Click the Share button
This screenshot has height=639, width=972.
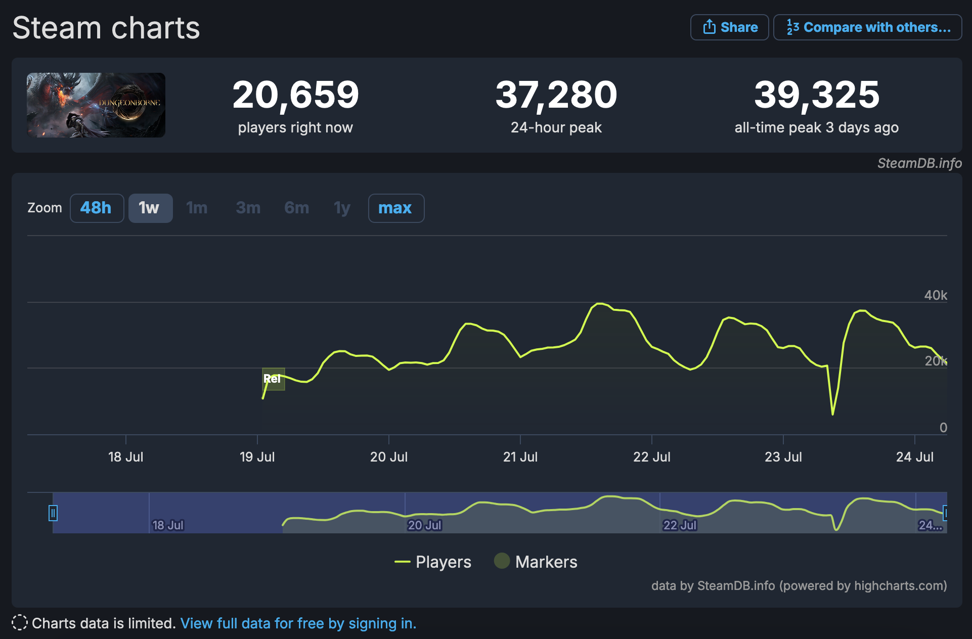click(729, 27)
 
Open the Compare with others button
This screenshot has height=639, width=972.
click(867, 27)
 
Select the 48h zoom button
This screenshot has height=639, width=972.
click(97, 208)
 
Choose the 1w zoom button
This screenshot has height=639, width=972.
click(150, 208)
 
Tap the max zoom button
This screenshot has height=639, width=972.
click(395, 208)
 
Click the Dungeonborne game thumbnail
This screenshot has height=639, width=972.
click(96, 105)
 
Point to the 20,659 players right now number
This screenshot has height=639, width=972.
click(295, 95)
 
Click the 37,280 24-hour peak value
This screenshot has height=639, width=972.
click(556, 95)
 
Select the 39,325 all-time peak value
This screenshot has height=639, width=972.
click(816, 95)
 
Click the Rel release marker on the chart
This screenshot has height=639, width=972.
click(273, 379)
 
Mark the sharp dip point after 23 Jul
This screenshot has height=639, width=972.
click(832, 414)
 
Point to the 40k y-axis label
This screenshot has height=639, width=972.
click(935, 295)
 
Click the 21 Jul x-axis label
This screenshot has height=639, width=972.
click(520, 457)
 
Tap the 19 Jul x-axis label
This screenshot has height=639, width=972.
click(257, 457)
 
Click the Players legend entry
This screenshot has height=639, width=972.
click(433, 562)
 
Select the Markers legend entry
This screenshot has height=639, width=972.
click(536, 562)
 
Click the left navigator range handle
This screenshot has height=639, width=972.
click(53, 513)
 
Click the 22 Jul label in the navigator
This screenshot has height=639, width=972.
click(680, 525)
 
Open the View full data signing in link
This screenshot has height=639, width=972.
click(298, 623)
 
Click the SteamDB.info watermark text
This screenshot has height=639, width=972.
click(919, 163)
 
